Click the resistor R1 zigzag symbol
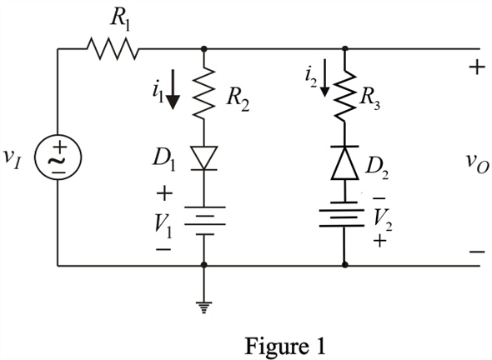[x=113, y=48]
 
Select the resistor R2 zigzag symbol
[x=204, y=92]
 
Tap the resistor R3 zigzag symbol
[x=345, y=96]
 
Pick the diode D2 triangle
[x=345, y=162]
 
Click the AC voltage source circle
[x=58, y=157]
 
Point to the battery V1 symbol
[x=204, y=221]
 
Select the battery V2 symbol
[x=342, y=214]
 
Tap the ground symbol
[x=204, y=307]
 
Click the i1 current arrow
[x=173, y=90]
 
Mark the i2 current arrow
[x=325, y=78]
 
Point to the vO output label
[x=477, y=162]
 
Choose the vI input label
[x=13, y=157]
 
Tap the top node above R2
[x=204, y=48]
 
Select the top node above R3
[x=345, y=48]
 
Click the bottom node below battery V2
[x=345, y=265]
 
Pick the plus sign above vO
[x=477, y=67]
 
